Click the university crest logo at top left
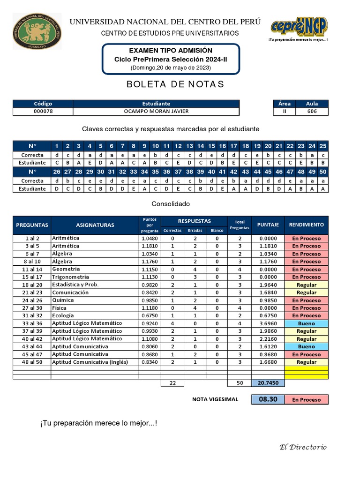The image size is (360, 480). (36, 31)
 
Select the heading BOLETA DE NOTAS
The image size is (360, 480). (175, 84)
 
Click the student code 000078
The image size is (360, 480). (43, 112)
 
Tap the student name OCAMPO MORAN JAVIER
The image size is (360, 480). (156, 112)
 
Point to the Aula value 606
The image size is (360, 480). (312, 112)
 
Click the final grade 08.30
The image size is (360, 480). (268, 399)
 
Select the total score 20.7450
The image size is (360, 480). (268, 383)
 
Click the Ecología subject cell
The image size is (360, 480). (63, 315)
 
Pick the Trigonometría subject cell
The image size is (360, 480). (71, 277)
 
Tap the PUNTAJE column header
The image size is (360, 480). (268, 225)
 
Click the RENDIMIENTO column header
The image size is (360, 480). (307, 225)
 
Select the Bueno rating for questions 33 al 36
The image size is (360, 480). (307, 323)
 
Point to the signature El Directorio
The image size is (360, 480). (303, 447)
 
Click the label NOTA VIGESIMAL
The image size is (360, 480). (215, 399)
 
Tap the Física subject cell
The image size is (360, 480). (60, 308)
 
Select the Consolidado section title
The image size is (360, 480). (171, 204)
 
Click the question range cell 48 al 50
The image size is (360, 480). (32, 362)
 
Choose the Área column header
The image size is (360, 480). (284, 104)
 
